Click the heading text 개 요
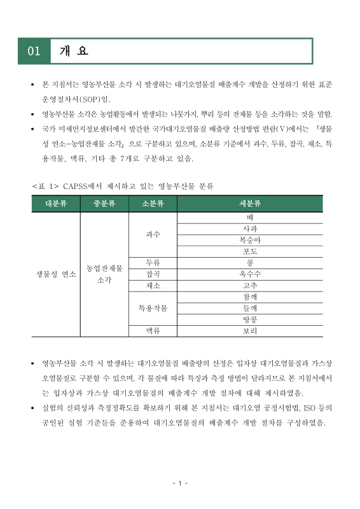point(73,51)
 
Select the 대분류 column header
point(56,204)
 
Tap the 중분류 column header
point(104,204)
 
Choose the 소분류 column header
point(153,204)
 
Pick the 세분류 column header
point(250,204)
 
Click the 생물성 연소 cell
point(56,274)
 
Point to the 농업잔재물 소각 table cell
point(104,274)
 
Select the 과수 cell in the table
point(153,234)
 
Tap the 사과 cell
point(250,228)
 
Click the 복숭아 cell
point(250,240)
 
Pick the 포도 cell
point(250,251)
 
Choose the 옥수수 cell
point(250,274)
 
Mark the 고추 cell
point(250,286)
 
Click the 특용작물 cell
point(153,309)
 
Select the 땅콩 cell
point(250,320)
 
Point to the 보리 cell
point(250,331)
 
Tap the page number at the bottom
point(180,484)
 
